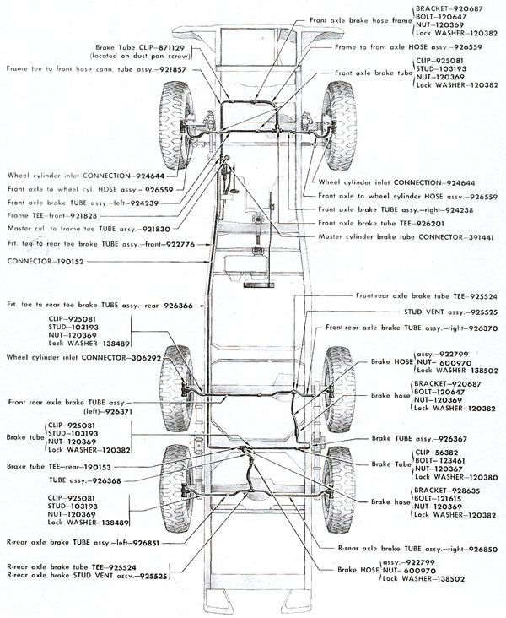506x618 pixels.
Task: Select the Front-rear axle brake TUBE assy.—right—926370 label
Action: (x=409, y=327)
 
